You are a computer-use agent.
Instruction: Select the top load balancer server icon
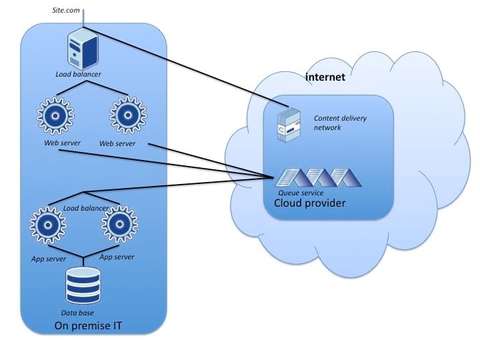tap(83, 51)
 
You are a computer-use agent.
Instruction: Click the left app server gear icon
tap(48, 226)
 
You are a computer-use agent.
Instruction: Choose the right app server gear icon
tap(120, 226)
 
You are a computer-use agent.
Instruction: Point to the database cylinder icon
tap(83, 285)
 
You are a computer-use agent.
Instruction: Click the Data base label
tap(77, 312)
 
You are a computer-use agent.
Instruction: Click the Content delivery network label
tap(340, 123)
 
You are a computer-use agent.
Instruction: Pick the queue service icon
tap(319, 178)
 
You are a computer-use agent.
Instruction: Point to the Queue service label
tap(301, 193)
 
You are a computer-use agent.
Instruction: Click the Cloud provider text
tap(310, 203)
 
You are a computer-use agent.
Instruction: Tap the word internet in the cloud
tap(325, 77)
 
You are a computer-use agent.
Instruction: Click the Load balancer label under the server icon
tap(78, 74)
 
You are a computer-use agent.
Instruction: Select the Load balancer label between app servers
tap(86, 209)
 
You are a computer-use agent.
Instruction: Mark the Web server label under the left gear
tap(56, 143)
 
